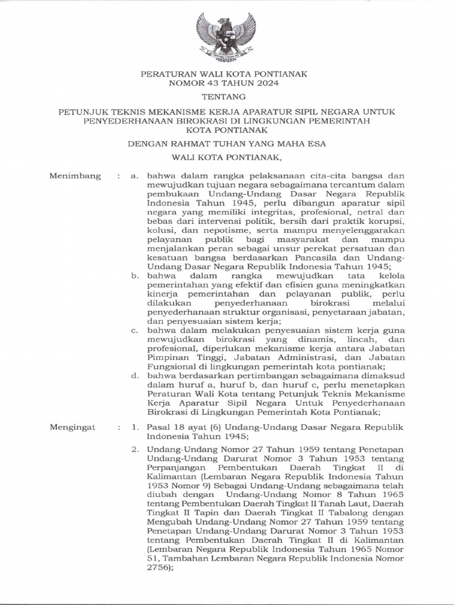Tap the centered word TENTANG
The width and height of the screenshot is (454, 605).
pos(226,96)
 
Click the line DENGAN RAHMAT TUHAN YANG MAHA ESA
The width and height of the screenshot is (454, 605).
pos(226,143)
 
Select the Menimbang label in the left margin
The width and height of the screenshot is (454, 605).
pos(75,175)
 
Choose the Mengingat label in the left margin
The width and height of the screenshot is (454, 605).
pos(74,425)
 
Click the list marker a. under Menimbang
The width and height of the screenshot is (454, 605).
pos(135,175)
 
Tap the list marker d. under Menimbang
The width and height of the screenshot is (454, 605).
pos(135,375)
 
